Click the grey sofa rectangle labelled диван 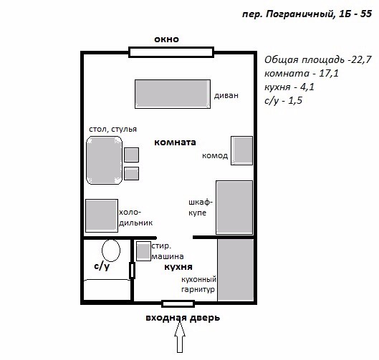click(173, 94)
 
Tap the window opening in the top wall click(171, 52)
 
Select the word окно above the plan click(166, 39)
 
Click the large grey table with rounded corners click(104, 160)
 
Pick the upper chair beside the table click(131, 155)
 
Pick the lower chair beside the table click(131, 173)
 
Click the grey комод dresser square click(241, 150)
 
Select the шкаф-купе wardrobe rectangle click(234, 208)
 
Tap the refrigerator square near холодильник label click(102, 215)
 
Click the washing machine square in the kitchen click(143, 251)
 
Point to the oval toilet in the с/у click(111, 250)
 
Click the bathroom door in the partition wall click(132, 271)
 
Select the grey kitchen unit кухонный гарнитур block click(236, 270)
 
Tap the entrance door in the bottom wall click(178, 303)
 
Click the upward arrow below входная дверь click(180, 337)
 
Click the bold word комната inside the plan click(175, 142)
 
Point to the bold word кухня click(178, 267)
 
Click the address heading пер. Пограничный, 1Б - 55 click(307, 14)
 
